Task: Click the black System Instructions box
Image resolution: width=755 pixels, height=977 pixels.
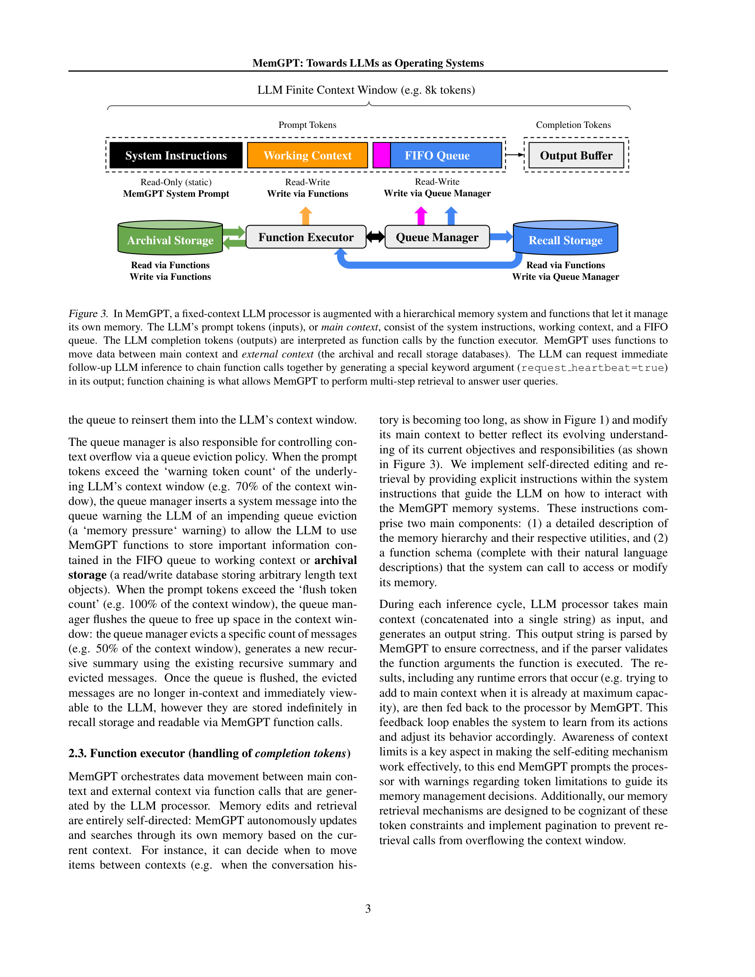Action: pyautogui.click(x=176, y=155)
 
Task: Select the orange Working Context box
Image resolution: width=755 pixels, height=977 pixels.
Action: pyautogui.click(x=307, y=155)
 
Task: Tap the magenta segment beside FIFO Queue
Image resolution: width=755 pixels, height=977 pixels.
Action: pyautogui.click(x=381, y=155)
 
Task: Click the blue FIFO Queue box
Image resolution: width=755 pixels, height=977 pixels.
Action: pyautogui.click(x=445, y=155)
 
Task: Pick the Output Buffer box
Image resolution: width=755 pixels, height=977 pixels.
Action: pyautogui.click(x=576, y=155)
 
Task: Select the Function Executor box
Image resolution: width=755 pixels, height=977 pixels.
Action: pyautogui.click(x=306, y=237)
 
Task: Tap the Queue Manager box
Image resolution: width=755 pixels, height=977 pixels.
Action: pyautogui.click(x=437, y=237)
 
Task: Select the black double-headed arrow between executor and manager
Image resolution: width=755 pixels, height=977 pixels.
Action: pyautogui.click(x=375, y=237)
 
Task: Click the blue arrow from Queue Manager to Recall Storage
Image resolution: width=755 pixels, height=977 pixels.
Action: pyautogui.click(x=501, y=237)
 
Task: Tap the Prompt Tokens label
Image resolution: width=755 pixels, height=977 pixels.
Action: pyautogui.click(x=307, y=125)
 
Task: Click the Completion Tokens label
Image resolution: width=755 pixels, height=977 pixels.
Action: pyautogui.click(x=573, y=125)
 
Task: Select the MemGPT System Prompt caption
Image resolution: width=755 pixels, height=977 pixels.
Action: pyautogui.click(x=176, y=194)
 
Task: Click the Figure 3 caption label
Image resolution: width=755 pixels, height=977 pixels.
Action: pyautogui.click(x=88, y=314)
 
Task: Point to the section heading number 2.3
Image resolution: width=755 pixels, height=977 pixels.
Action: pyautogui.click(x=78, y=753)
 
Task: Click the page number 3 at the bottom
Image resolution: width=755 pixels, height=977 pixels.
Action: pyautogui.click(x=368, y=909)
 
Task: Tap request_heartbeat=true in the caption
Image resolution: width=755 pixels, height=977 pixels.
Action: pyautogui.click(x=592, y=368)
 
